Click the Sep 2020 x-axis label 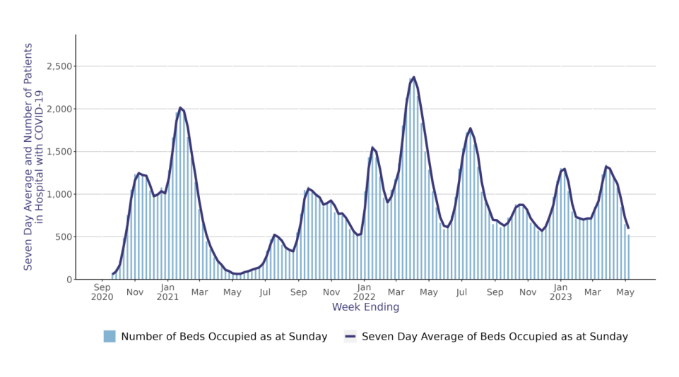pyautogui.click(x=102, y=292)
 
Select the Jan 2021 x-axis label pyautogui.click(x=167, y=292)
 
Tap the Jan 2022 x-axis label pyautogui.click(x=364, y=292)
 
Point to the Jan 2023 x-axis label pyautogui.click(x=560, y=292)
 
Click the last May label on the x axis pyautogui.click(x=625, y=288)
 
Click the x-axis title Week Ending pyautogui.click(x=365, y=308)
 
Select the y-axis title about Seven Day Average pyautogui.click(x=34, y=157)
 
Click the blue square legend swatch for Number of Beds pyautogui.click(x=110, y=337)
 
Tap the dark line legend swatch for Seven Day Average pyautogui.click(x=350, y=337)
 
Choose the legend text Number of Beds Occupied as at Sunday pyautogui.click(x=224, y=337)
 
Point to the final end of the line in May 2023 pyautogui.click(x=628, y=227)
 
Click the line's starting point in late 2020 pyautogui.click(x=113, y=274)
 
